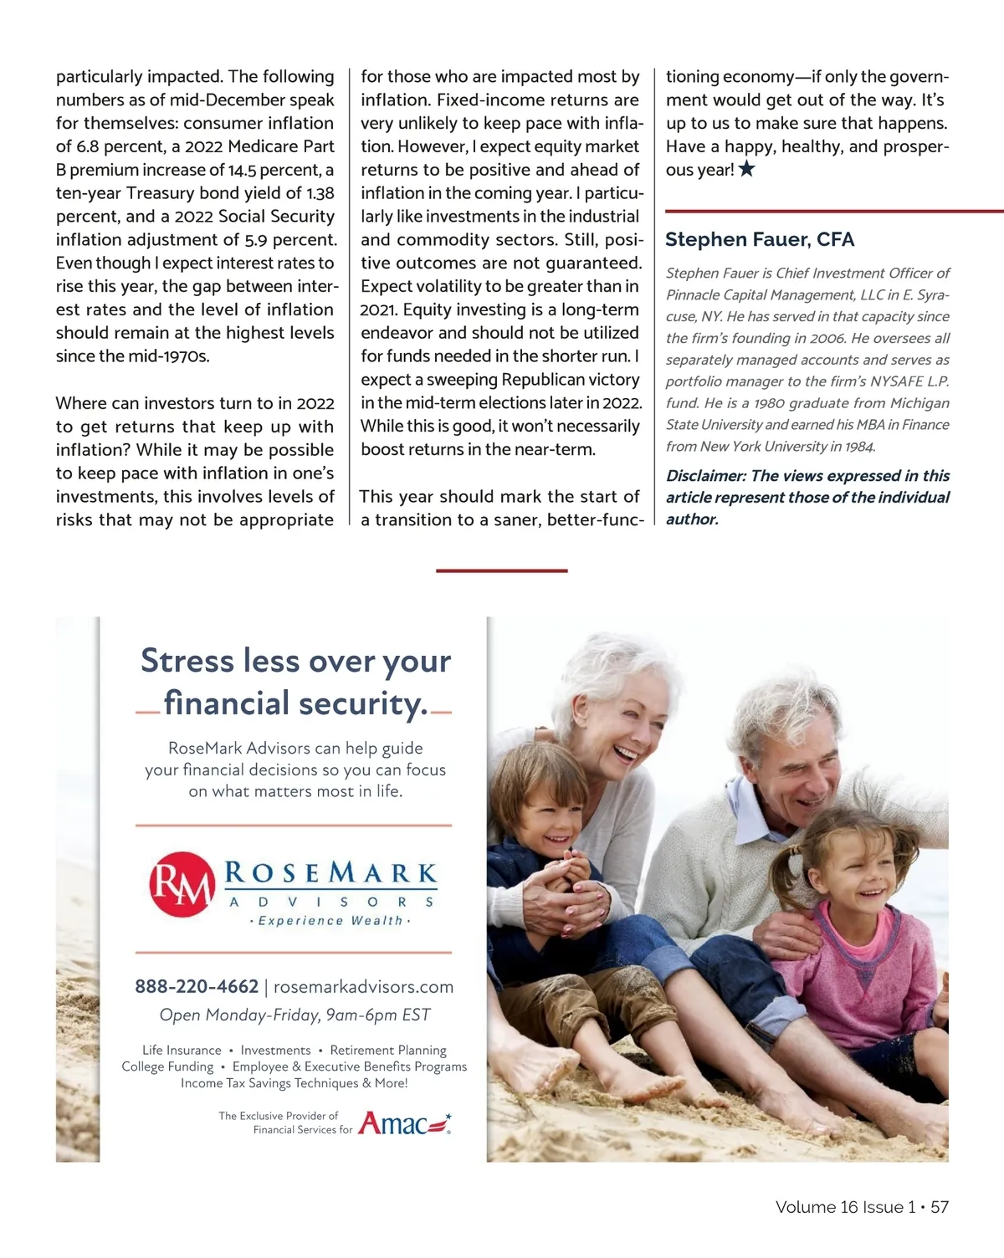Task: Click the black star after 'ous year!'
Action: (x=747, y=170)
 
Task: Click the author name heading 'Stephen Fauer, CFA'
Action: (x=759, y=240)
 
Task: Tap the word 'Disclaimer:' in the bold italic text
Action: (x=705, y=476)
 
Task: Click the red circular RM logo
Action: (x=181, y=885)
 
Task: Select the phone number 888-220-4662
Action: (x=197, y=987)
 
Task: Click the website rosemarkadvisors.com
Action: (x=363, y=987)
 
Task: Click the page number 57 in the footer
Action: (x=939, y=1207)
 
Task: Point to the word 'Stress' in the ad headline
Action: (x=187, y=661)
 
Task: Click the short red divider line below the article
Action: (x=501, y=570)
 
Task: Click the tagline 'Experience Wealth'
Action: (x=330, y=921)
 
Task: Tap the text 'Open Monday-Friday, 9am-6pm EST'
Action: (x=295, y=1015)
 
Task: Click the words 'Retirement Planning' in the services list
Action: (x=388, y=1051)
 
